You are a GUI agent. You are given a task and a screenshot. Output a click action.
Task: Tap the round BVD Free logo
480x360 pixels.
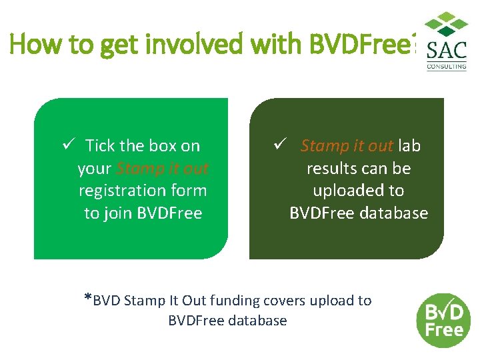[443, 320]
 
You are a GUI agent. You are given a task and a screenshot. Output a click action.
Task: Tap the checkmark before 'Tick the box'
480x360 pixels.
[67, 145]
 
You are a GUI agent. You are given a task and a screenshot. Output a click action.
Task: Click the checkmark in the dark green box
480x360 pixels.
[281, 145]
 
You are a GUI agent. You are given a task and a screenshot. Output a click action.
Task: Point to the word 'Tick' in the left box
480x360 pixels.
[100, 145]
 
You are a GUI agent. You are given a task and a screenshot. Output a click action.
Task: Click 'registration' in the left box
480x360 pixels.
[125, 191]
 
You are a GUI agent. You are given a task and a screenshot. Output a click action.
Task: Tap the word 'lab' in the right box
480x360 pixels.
[409, 145]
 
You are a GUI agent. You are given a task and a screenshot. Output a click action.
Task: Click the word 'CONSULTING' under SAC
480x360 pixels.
[447, 67]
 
